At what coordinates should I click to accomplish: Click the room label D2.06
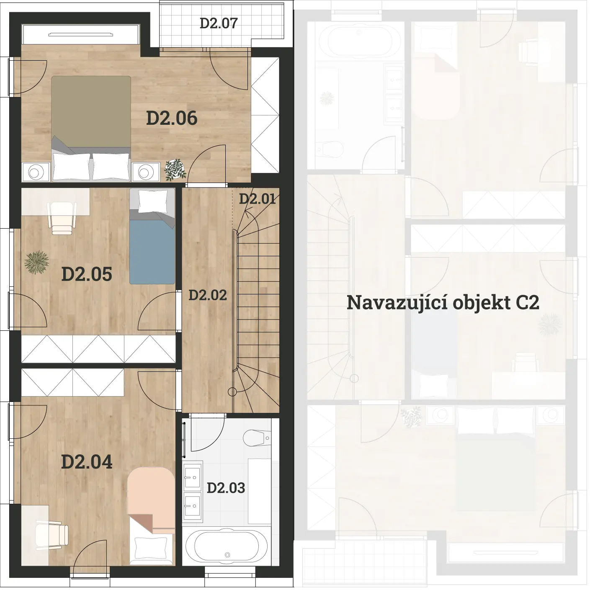click(x=172, y=119)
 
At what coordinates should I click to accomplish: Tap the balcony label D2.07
click(x=219, y=23)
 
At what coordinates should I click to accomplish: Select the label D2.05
click(x=87, y=274)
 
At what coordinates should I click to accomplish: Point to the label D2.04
click(x=87, y=462)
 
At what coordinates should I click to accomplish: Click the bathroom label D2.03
click(x=226, y=488)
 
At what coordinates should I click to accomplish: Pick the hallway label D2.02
click(x=208, y=295)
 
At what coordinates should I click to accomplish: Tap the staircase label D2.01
click(x=258, y=199)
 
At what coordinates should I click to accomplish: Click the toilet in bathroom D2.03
click(x=257, y=438)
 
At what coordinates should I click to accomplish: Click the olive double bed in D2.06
click(x=91, y=129)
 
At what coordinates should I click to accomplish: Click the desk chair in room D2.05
click(x=62, y=218)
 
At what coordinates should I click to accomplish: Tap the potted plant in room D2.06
click(x=175, y=170)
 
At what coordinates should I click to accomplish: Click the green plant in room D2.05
click(x=37, y=262)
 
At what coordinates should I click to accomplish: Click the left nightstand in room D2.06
click(x=36, y=173)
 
